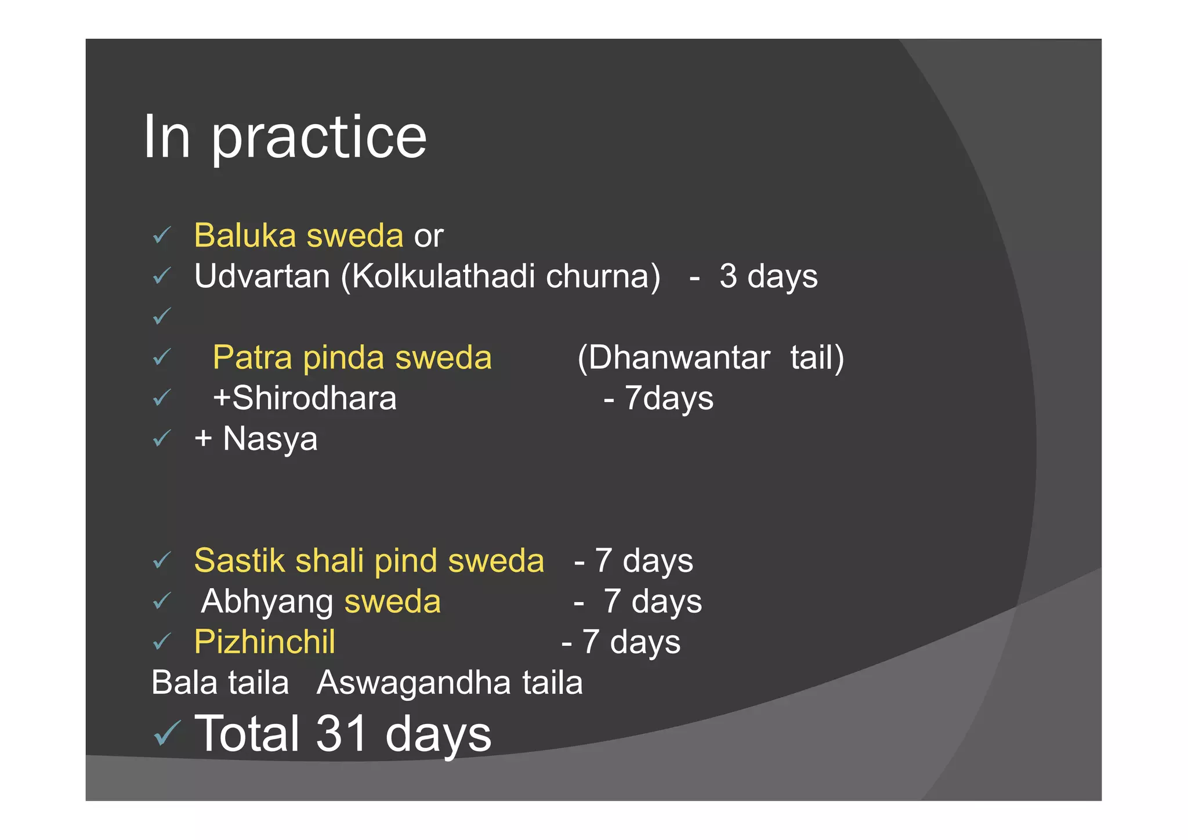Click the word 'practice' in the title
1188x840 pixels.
(x=318, y=138)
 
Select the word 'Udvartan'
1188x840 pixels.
(x=262, y=276)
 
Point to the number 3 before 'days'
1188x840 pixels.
(x=728, y=276)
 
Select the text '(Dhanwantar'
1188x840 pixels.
(x=673, y=357)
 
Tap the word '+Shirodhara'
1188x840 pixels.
(x=305, y=398)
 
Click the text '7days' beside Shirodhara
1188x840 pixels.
(x=669, y=398)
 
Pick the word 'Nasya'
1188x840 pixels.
(x=270, y=439)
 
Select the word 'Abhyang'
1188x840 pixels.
(x=267, y=601)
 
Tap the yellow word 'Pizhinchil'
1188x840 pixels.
(x=265, y=642)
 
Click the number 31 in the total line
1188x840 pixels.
(x=342, y=733)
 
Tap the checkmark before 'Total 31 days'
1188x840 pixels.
(x=167, y=733)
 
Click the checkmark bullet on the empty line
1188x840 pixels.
(x=162, y=316)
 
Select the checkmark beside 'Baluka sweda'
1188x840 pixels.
(x=162, y=236)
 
